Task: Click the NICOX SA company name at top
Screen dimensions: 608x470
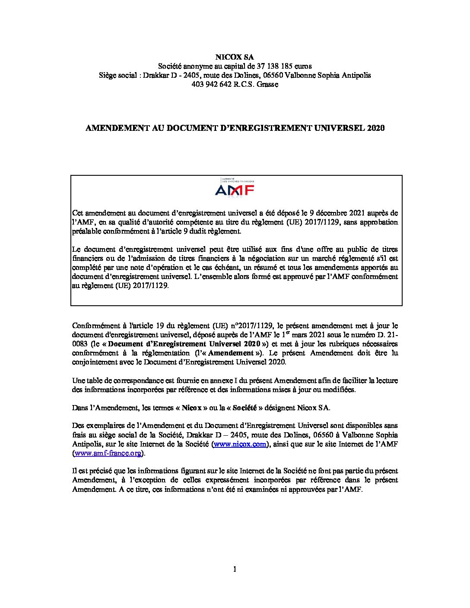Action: coord(235,57)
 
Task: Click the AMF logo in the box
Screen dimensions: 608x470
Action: coord(235,188)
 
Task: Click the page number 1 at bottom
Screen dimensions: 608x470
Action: coord(235,569)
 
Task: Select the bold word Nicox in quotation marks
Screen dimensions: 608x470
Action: coord(191,407)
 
